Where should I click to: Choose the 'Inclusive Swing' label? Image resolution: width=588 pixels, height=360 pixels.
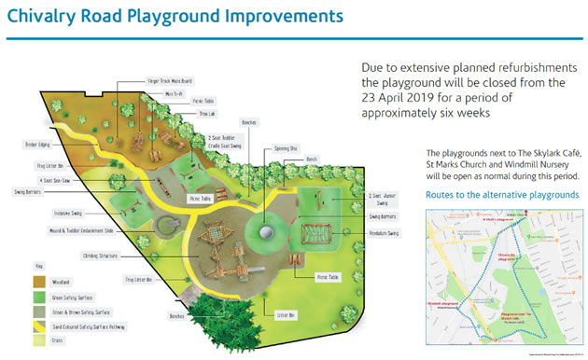click(x=68, y=214)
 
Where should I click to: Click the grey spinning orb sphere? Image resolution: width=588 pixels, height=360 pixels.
click(x=268, y=234)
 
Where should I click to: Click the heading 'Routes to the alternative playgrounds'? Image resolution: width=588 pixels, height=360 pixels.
click(x=501, y=196)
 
